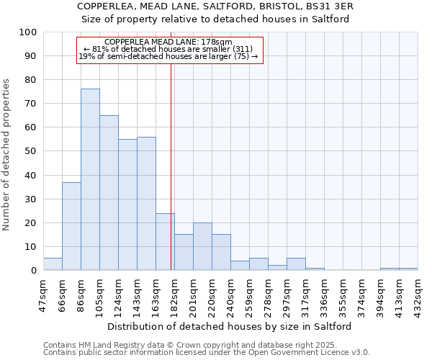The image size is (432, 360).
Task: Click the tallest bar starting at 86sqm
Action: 90,179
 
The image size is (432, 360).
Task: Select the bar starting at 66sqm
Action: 71,226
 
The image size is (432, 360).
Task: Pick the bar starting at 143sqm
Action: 146,203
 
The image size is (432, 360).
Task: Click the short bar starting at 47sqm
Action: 53,264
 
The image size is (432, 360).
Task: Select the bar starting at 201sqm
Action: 202,246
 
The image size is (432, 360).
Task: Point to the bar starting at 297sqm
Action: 296,264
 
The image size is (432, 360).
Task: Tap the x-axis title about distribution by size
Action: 234,326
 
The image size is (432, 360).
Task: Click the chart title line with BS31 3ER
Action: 215,6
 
